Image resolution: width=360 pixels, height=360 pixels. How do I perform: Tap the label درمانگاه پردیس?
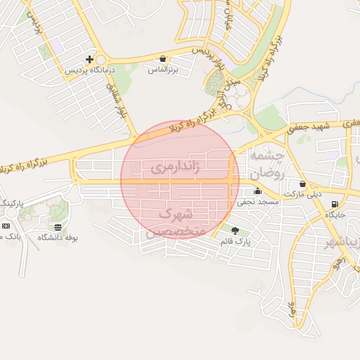click(89, 70)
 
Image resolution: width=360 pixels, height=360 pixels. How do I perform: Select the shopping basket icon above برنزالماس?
click(163, 59)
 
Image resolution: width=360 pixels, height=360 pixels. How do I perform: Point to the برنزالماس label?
click(164, 70)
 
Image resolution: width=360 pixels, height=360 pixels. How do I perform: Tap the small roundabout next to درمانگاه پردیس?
click(101, 60)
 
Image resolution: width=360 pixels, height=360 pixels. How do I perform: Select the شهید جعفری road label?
click(307, 127)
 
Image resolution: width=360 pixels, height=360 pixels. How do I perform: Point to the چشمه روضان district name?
click(266, 164)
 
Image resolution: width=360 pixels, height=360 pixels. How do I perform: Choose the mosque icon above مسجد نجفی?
click(257, 191)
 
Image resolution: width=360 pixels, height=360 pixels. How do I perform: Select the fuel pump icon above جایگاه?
click(334, 205)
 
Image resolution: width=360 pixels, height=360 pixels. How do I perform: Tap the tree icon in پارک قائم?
click(234, 230)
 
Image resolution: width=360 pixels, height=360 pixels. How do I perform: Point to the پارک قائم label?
click(236, 241)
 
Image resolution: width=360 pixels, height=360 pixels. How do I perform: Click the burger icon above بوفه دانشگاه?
click(57, 227)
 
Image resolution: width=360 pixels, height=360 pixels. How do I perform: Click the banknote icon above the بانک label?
click(6, 226)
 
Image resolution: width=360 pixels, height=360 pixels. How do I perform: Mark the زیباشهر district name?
click(338, 243)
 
